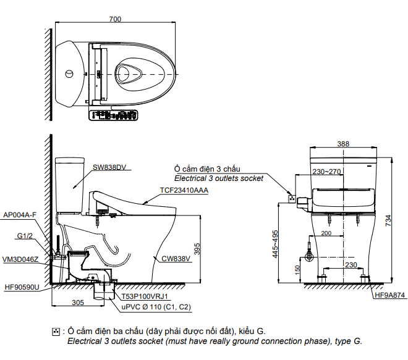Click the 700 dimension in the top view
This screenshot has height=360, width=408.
point(115,19)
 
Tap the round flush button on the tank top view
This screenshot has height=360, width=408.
point(69,74)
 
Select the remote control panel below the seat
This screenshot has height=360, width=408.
point(113,115)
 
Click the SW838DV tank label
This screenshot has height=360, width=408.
point(109,167)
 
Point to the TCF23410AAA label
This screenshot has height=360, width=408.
point(184,190)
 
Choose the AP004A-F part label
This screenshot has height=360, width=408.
point(20,215)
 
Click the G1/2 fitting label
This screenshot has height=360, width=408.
point(25,236)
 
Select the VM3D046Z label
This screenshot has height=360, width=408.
point(20,259)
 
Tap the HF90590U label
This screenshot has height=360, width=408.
point(22,287)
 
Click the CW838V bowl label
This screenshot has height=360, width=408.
point(176,259)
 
